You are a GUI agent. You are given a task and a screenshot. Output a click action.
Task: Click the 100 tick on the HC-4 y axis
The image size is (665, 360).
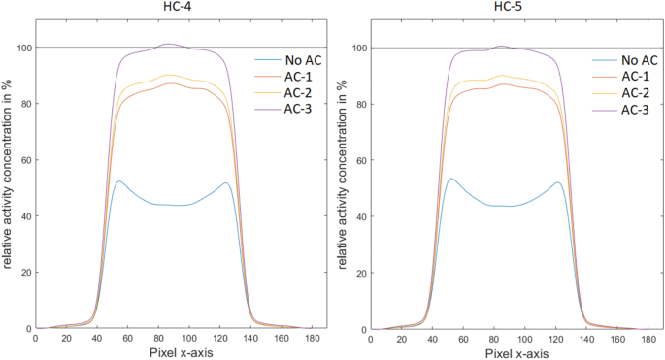pyautogui.click(x=21, y=48)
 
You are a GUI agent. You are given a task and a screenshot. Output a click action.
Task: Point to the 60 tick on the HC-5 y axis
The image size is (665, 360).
pyautogui.click(x=356, y=160)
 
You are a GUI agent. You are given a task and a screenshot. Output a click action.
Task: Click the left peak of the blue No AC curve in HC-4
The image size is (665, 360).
pyautogui.click(x=118, y=181)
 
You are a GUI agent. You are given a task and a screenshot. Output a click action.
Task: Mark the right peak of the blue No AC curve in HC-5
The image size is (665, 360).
pyautogui.click(x=558, y=182)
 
